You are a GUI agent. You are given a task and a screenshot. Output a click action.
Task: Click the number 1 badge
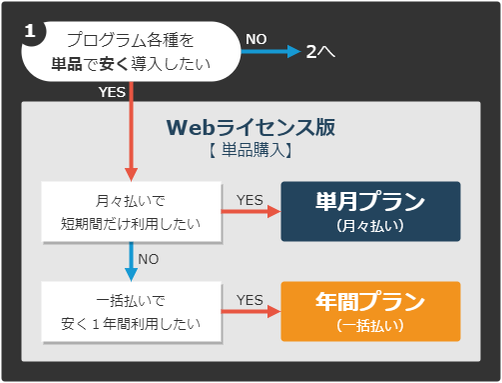(x=31, y=31)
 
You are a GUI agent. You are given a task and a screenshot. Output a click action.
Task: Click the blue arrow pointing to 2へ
(x=270, y=51)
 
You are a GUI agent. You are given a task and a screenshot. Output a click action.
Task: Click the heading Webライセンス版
(x=251, y=128)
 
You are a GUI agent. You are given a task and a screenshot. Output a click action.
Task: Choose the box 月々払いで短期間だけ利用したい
(x=131, y=212)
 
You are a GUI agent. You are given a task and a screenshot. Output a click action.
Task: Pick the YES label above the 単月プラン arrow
(x=250, y=199)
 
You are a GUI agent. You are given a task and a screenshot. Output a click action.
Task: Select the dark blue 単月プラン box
(x=370, y=211)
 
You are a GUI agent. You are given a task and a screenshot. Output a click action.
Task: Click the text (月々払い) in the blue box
(x=370, y=226)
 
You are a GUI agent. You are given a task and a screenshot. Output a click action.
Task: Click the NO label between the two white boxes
(x=148, y=258)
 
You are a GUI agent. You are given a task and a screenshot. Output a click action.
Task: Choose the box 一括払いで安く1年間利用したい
(x=131, y=311)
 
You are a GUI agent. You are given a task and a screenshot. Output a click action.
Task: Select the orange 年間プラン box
(x=370, y=311)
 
